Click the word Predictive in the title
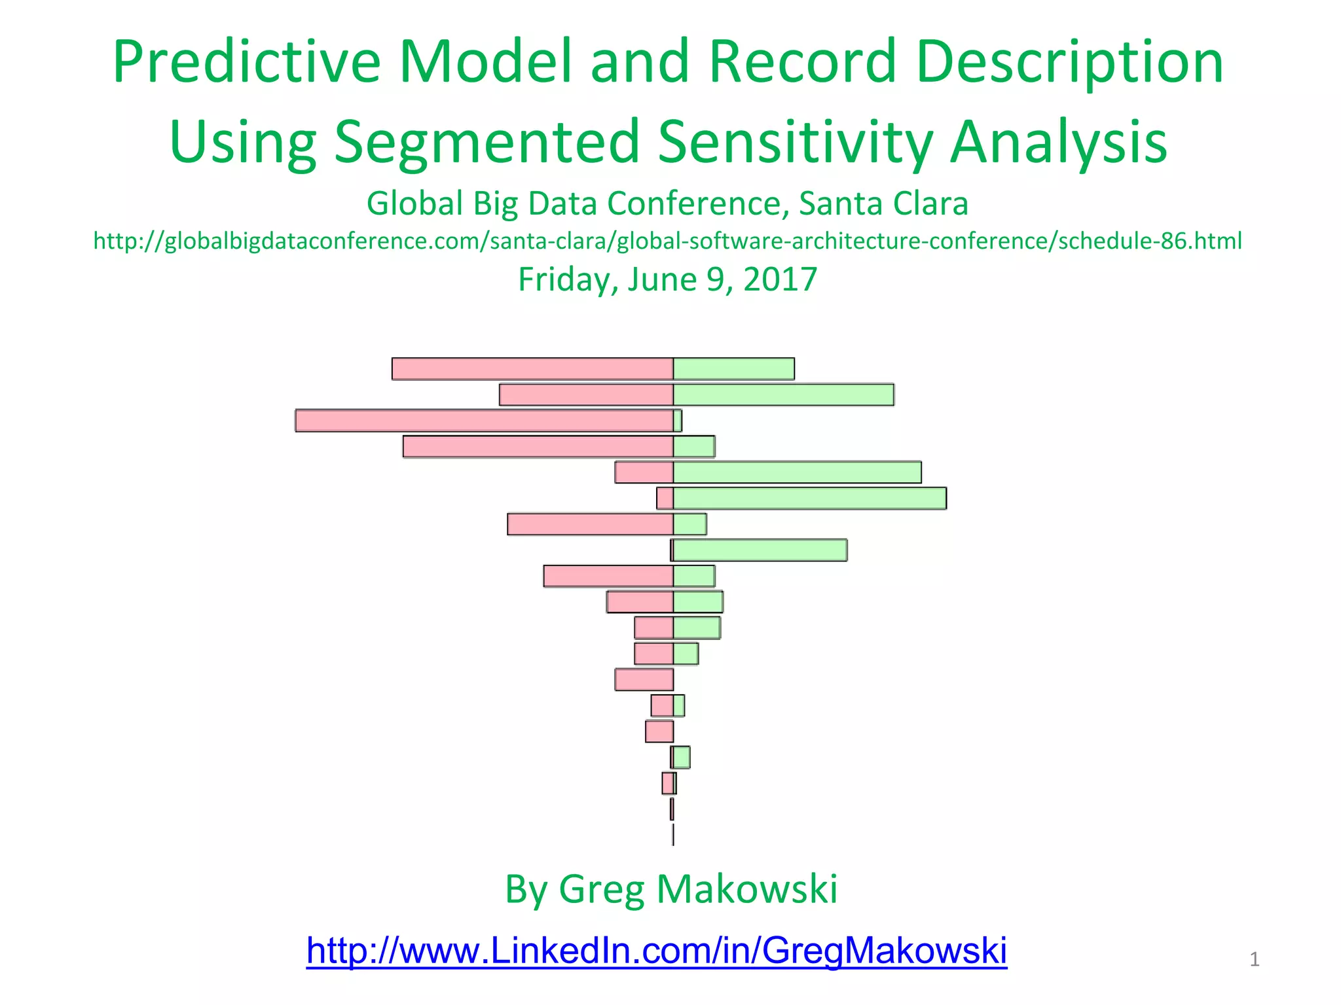(x=246, y=62)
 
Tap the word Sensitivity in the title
(x=796, y=142)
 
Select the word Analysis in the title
(x=1058, y=142)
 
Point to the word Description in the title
(x=1069, y=62)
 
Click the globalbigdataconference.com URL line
(x=667, y=241)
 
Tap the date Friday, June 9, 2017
(x=667, y=279)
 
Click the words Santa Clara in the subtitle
(x=883, y=203)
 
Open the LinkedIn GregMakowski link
(x=656, y=950)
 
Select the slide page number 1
(x=1254, y=959)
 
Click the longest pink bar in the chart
(x=484, y=421)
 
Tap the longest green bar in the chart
(x=809, y=499)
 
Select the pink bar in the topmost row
(x=532, y=369)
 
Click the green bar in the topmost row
(x=733, y=369)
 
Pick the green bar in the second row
(x=783, y=395)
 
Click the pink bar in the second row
(x=586, y=395)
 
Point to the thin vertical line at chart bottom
(x=673, y=835)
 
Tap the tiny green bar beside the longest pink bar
(x=678, y=421)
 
